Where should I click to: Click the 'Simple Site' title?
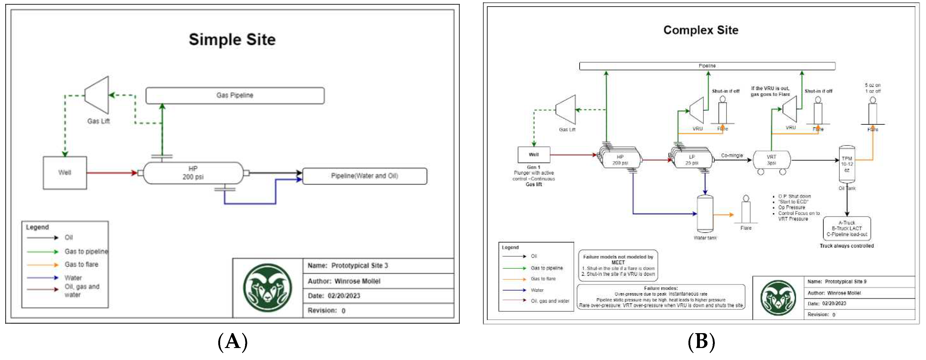(232, 40)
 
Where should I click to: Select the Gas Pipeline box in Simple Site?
(235, 95)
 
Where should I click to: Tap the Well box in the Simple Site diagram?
(65, 173)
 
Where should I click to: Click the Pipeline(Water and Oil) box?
(365, 176)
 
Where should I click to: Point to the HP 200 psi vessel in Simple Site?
(193, 173)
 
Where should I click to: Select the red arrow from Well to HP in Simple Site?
(111, 173)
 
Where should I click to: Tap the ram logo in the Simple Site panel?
(268, 288)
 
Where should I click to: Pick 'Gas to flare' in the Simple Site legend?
(81, 264)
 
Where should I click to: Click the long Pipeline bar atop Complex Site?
(707, 66)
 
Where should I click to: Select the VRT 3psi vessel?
(771, 160)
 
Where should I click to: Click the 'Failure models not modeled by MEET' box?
(618, 265)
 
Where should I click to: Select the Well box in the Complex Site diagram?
(534, 155)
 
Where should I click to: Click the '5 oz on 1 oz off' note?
(873, 88)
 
